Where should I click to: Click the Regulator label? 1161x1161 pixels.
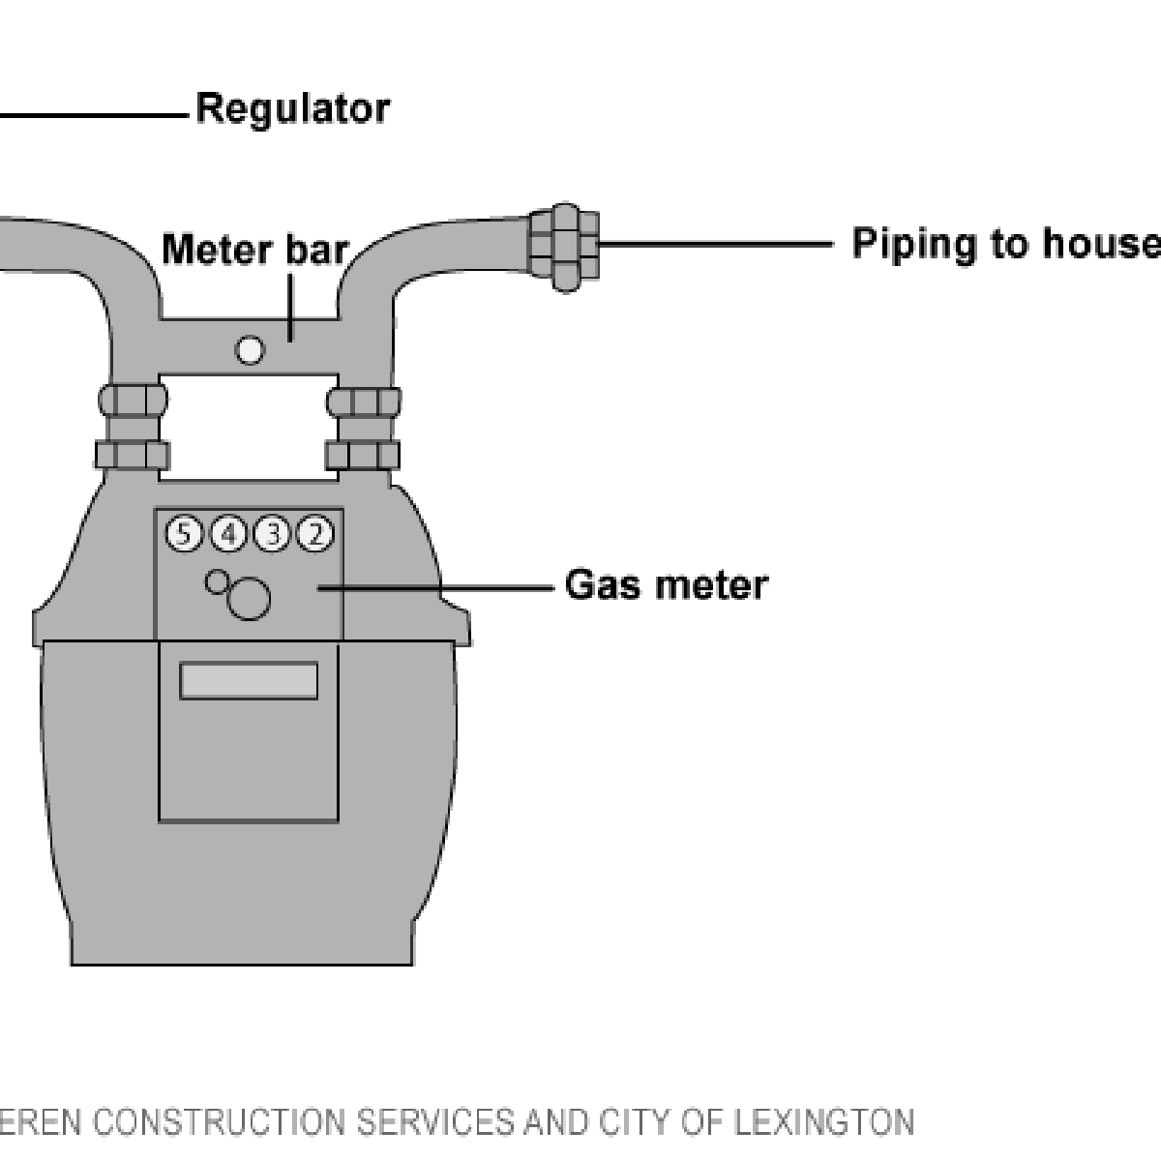[293, 108]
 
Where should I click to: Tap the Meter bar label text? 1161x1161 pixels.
[253, 250]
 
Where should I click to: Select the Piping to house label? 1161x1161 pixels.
[1004, 244]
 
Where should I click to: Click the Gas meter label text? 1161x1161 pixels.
[666, 586]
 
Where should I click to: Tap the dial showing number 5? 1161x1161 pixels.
[184, 533]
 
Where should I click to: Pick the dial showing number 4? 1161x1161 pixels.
[228, 533]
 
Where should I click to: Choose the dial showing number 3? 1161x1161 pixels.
[272, 533]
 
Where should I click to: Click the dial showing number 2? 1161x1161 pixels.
[315, 533]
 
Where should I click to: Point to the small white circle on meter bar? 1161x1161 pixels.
[250, 351]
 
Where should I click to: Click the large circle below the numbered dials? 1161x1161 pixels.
[249, 599]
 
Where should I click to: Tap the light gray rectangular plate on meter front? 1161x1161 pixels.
[249, 681]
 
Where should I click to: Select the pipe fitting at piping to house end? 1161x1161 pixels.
[564, 247]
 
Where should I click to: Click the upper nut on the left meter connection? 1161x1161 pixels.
[132, 399]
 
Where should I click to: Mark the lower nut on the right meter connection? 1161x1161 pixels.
[364, 455]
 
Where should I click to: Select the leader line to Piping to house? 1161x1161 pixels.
[716, 245]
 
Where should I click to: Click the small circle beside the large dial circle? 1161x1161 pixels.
[218, 581]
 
